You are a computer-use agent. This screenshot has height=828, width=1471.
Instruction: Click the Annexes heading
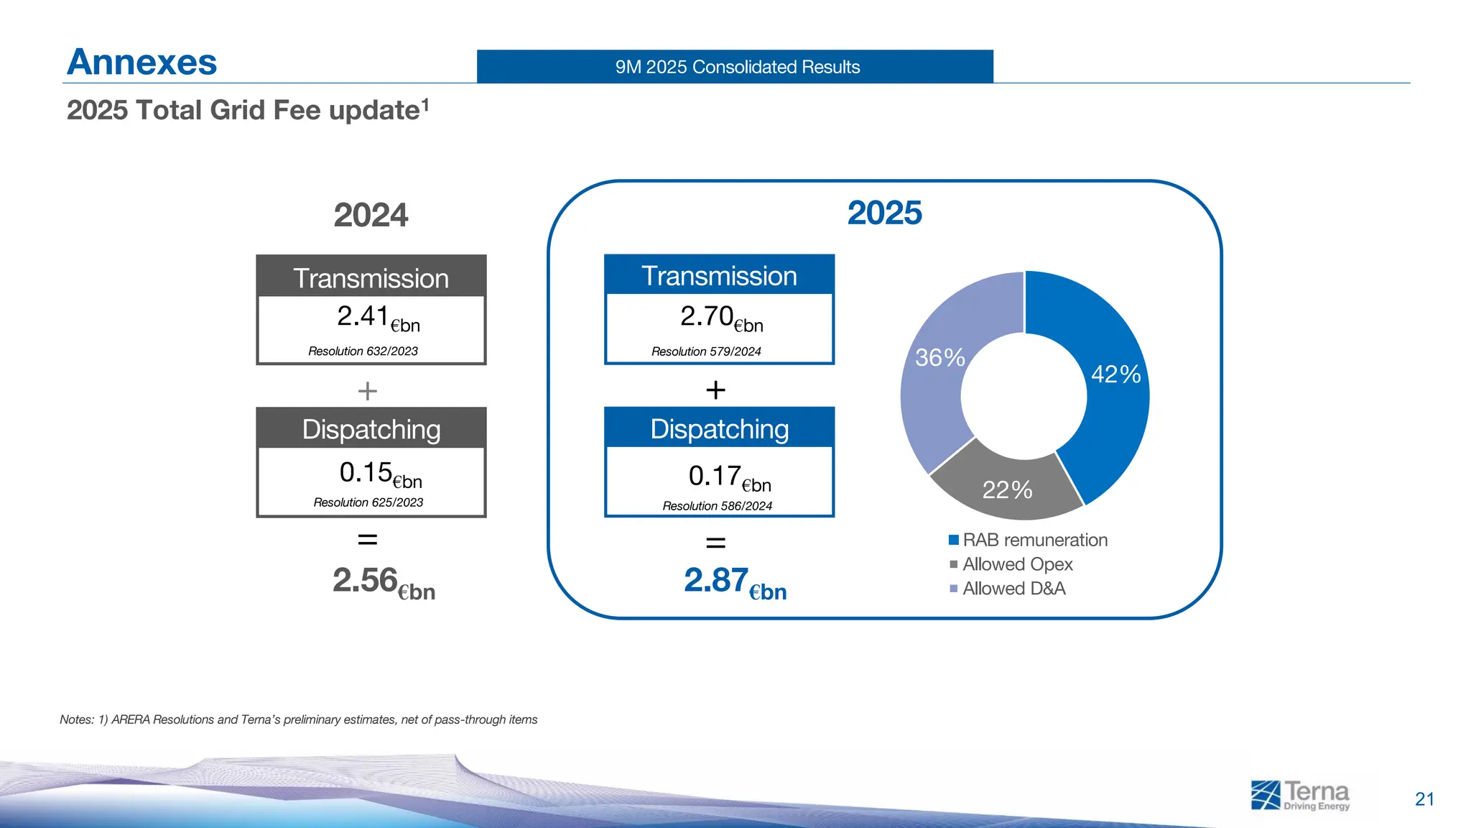point(141,62)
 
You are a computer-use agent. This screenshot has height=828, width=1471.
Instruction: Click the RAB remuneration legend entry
point(1028,540)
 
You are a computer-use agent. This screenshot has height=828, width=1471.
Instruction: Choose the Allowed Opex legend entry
point(1011,564)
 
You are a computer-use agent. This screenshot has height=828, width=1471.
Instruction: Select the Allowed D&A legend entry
point(1007,589)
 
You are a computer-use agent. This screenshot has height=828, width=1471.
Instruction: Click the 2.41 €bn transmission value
point(376,318)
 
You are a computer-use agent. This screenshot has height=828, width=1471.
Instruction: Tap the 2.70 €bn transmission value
point(720,318)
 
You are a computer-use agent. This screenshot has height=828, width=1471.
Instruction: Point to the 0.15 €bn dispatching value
point(379,474)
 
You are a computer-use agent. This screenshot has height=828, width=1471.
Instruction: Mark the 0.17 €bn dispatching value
point(728,477)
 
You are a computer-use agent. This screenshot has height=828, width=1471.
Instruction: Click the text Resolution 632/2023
point(363,351)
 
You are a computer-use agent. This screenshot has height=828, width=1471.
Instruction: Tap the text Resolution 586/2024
point(717,506)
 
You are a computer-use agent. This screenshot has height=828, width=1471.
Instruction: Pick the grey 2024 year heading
point(371,215)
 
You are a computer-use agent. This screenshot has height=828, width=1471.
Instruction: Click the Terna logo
point(1300,795)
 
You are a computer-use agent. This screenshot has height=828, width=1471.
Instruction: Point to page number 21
point(1424,799)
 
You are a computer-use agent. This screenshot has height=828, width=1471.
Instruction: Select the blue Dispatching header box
point(719,428)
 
